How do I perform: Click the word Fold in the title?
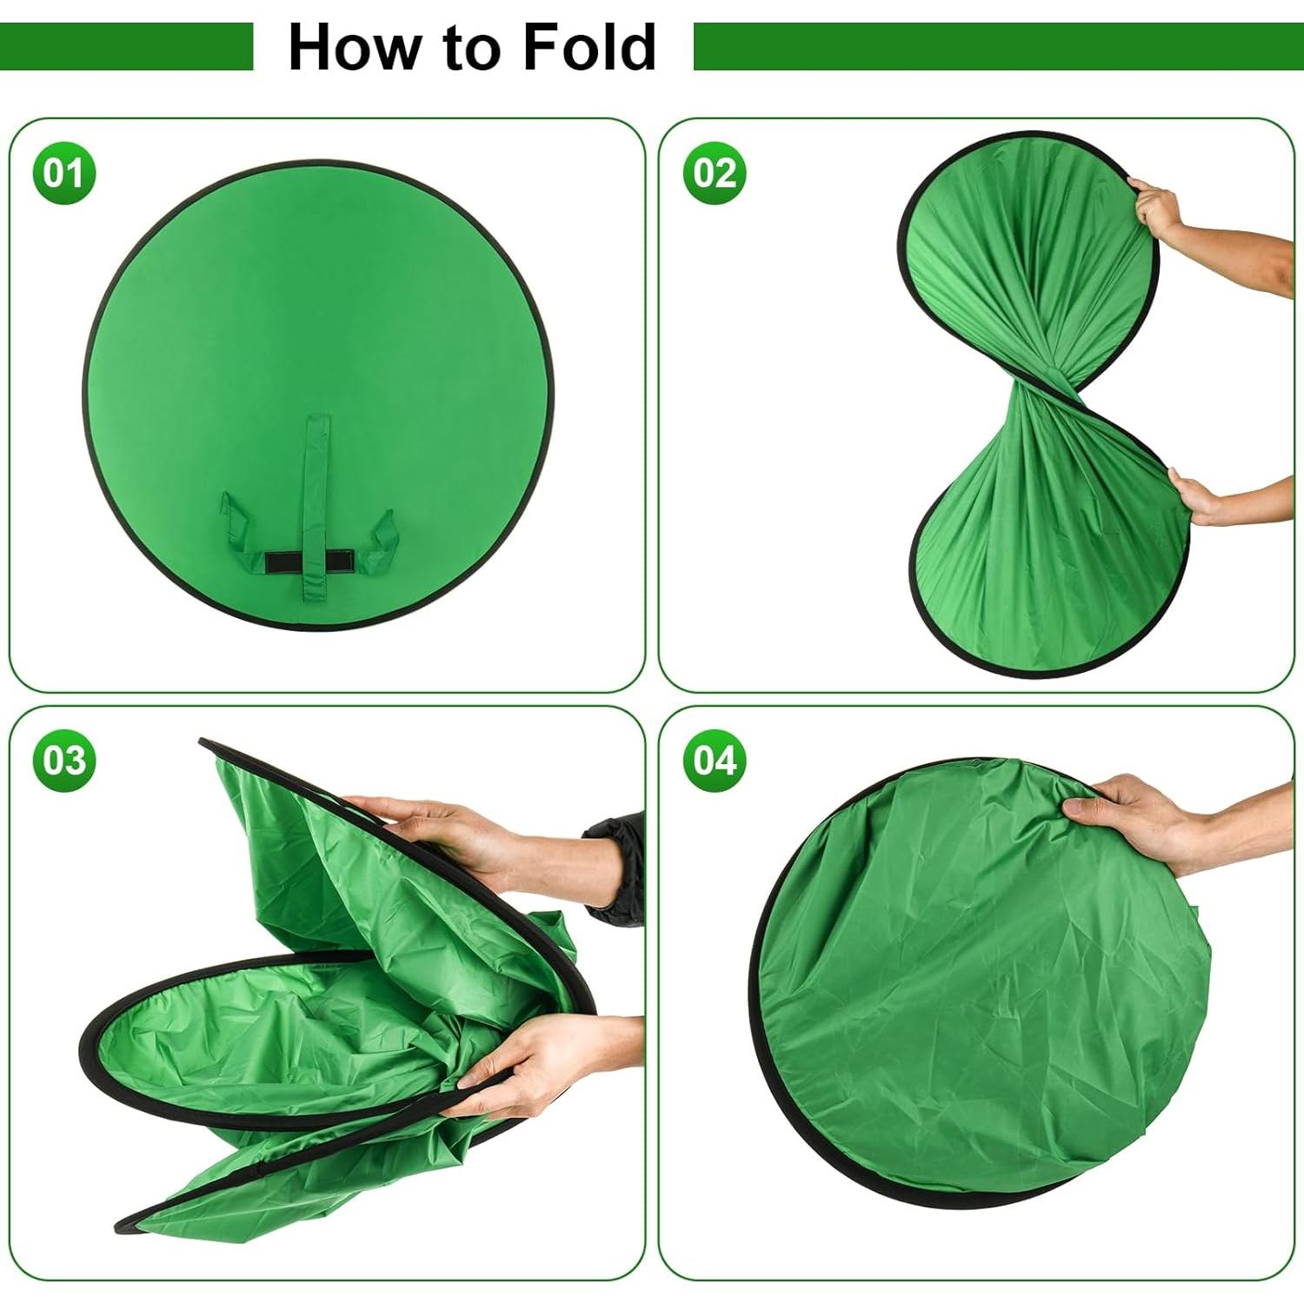(589, 48)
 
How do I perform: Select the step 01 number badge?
(63, 173)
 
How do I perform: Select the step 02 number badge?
(715, 173)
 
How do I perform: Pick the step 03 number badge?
(63, 761)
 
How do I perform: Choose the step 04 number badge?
(715, 761)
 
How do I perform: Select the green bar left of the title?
(126, 47)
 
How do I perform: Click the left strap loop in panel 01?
(239, 530)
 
